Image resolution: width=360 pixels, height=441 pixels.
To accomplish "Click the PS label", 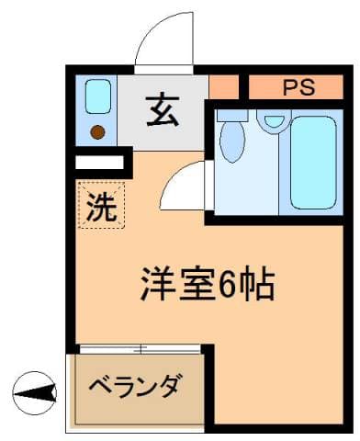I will coord(298,88).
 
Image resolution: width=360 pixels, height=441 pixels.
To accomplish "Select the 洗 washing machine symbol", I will coord(102,207).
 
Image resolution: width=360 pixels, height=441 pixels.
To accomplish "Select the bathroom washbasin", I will coord(272,119).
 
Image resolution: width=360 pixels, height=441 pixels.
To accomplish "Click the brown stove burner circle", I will coord(97,131).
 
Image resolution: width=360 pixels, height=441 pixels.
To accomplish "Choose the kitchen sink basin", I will coord(98,96).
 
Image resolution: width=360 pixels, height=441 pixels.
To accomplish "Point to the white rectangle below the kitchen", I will coord(99,164).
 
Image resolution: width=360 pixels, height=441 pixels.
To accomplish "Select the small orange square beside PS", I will coord(223,87).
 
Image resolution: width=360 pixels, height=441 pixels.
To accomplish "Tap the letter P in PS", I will coord(289,88).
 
